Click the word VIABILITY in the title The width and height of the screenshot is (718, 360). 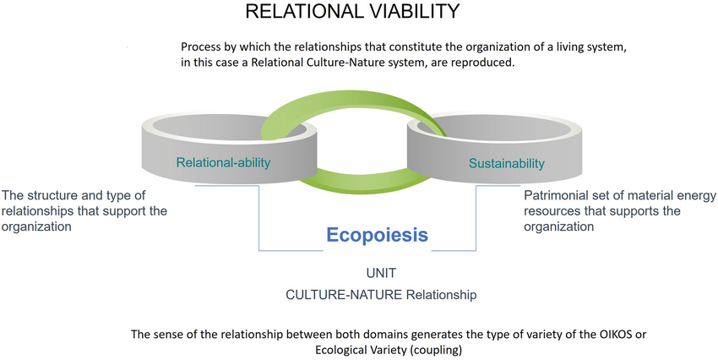pyautogui.click(x=409, y=11)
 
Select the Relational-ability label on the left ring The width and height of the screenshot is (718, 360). pyautogui.click(x=224, y=162)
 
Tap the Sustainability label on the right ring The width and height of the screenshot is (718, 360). pyautogui.click(x=507, y=163)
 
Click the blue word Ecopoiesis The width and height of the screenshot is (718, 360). pyautogui.click(x=377, y=235)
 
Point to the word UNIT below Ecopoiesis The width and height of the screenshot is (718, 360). pyautogui.click(x=381, y=273)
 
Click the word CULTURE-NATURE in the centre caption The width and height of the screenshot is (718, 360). pyautogui.click(x=344, y=294)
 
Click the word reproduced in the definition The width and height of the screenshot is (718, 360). pyautogui.click(x=487, y=63)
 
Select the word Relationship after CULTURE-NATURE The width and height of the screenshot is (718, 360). pyautogui.click(x=441, y=294)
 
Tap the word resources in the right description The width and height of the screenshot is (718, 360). pyautogui.click(x=551, y=211)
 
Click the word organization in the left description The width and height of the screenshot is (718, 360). pyautogui.click(x=36, y=226)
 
